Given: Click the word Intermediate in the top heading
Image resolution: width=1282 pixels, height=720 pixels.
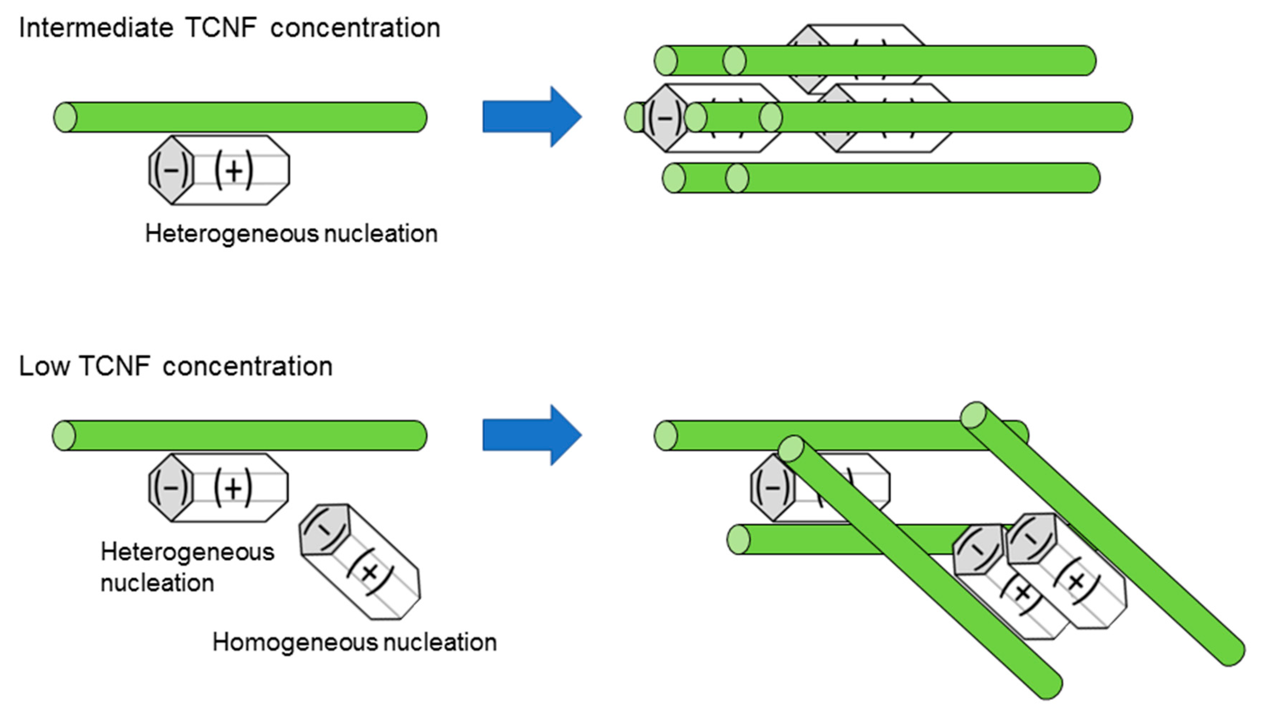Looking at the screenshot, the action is pyautogui.click(x=96, y=28).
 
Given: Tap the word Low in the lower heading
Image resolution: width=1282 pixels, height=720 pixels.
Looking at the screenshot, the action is pyautogui.click(x=44, y=367).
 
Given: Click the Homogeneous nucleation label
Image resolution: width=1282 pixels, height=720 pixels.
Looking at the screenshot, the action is pyautogui.click(x=354, y=642).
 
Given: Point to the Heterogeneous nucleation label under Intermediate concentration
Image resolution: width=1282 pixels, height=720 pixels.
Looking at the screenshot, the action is pyautogui.click(x=291, y=234).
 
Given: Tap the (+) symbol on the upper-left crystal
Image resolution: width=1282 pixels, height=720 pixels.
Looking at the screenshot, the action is pyautogui.click(x=234, y=170).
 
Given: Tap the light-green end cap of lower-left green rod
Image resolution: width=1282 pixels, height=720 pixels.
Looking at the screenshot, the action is pyautogui.click(x=64, y=436).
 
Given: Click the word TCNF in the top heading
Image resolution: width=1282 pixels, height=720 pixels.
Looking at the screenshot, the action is pyautogui.click(x=221, y=28).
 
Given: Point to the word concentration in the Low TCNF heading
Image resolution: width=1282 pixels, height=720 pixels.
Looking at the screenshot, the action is pyautogui.click(x=247, y=367).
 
